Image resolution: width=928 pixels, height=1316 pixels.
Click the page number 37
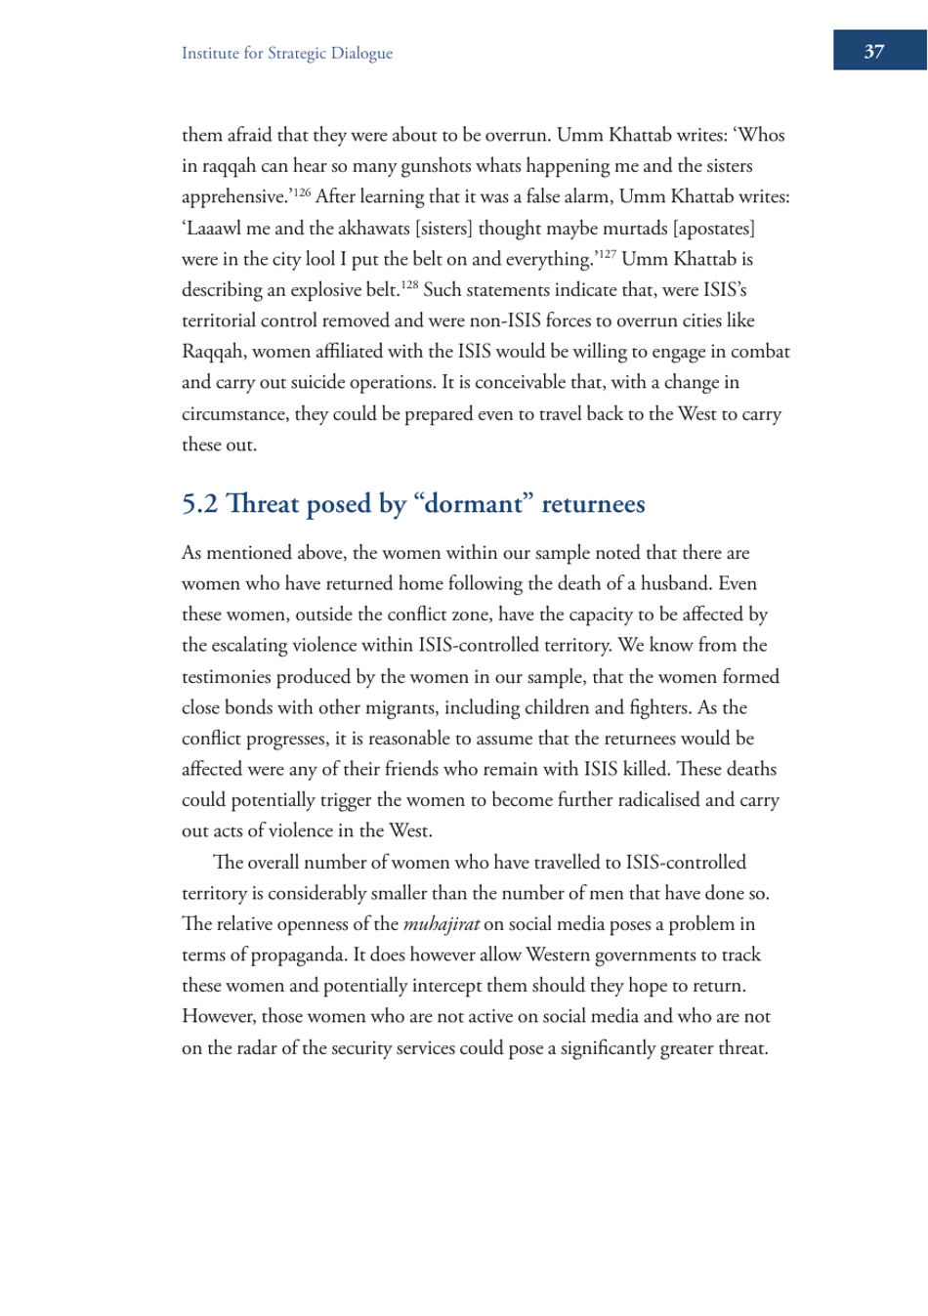873,52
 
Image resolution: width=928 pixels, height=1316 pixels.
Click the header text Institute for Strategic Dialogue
286,54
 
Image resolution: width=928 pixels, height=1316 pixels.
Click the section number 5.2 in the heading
199,504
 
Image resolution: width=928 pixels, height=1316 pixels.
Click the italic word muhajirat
441,924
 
